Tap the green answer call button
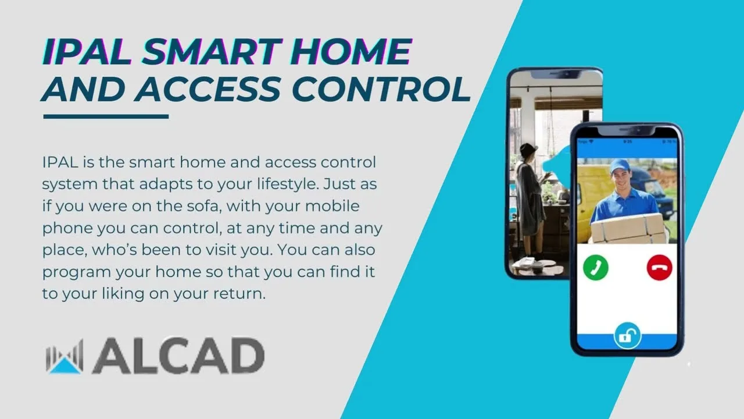596,267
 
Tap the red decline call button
659,267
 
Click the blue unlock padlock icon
627,336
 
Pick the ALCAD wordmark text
178,356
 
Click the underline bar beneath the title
106,116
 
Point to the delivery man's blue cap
620,166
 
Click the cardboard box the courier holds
628,229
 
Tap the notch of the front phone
627,130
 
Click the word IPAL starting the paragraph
60,162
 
